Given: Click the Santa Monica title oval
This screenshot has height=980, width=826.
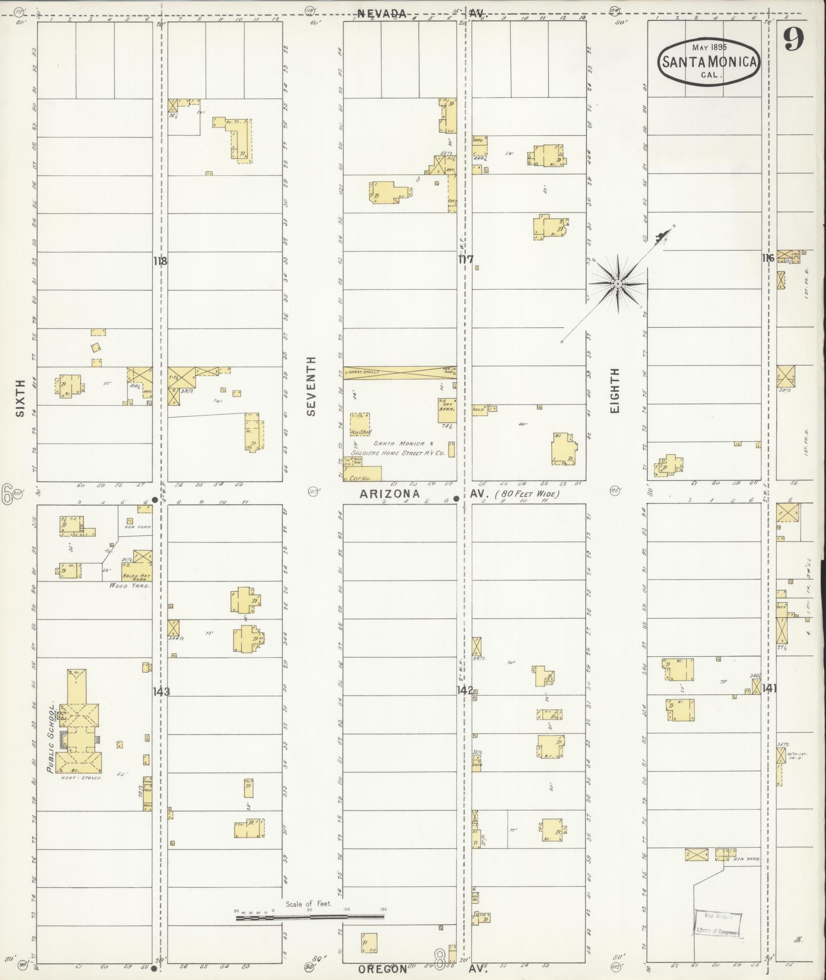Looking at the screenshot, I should point(709,61).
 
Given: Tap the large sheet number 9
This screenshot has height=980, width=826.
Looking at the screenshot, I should point(793,38).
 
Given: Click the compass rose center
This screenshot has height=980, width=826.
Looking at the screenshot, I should point(618,283).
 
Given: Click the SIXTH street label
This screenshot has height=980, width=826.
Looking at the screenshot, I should point(20,398).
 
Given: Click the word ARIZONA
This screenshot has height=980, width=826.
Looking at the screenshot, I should point(390,494).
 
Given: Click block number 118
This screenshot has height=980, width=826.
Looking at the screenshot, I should point(160,261).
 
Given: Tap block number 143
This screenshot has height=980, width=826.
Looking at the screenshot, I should point(161,692).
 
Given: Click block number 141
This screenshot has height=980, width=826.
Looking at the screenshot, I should point(769,689).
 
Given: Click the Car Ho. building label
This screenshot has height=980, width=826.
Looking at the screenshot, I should point(358,478).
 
